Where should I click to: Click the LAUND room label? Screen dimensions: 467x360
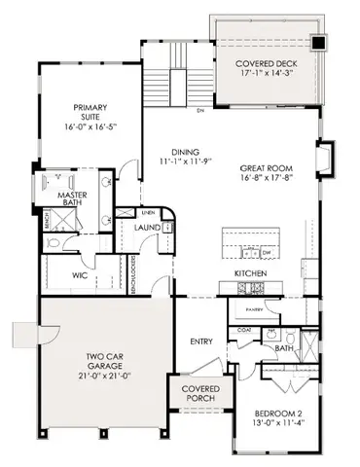(x=149, y=229)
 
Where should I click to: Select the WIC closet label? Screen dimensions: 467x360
(x=82, y=275)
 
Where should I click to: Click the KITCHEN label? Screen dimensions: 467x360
(x=250, y=274)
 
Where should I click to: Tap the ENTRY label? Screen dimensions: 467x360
(x=201, y=341)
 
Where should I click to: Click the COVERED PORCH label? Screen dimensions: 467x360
(x=198, y=393)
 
